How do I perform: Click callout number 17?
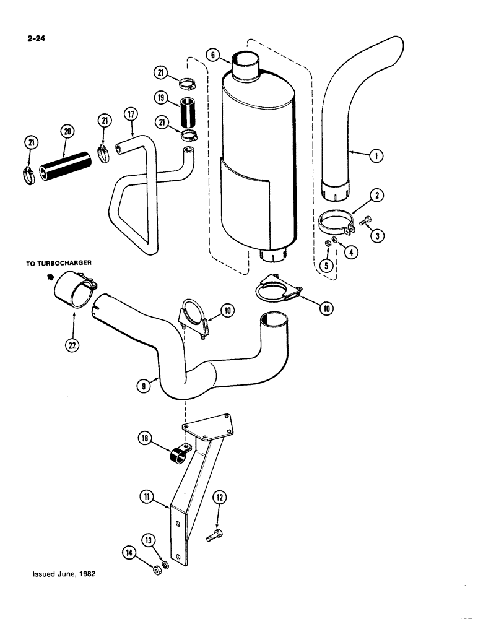131,115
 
